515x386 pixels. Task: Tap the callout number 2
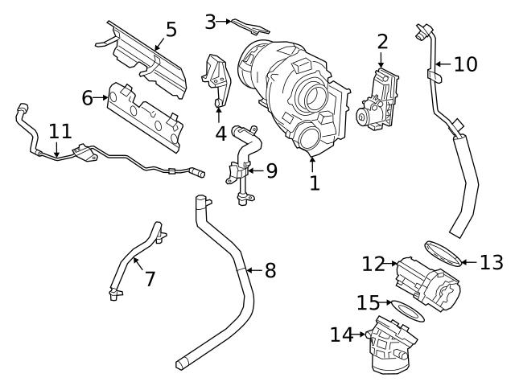pyautogui.click(x=381, y=40)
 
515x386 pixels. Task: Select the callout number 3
pyautogui.click(x=211, y=22)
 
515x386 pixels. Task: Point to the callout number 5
pyautogui.click(x=171, y=30)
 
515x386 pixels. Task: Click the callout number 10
pyautogui.click(x=465, y=64)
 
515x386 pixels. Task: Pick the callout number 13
pyautogui.click(x=491, y=261)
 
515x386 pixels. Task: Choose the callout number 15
pyautogui.click(x=367, y=302)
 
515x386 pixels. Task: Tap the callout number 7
pyautogui.click(x=150, y=279)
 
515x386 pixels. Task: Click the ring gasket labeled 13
pyautogui.click(x=443, y=252)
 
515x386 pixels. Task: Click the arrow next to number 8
pyautogui.click(x=250, y=270)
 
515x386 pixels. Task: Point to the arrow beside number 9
pyautogui.click(x=252, y=170)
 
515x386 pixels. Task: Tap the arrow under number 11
pyautogui.click(x=56, y=150)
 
